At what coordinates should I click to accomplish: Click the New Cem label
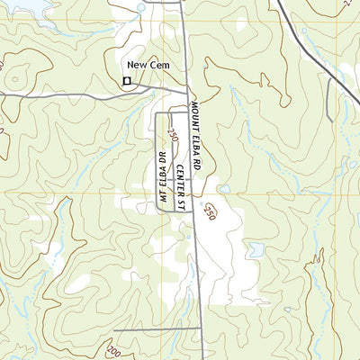pos(148,66)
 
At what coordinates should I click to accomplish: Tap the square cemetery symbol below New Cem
pos(127,82)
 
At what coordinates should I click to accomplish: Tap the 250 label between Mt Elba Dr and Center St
pos(172,134)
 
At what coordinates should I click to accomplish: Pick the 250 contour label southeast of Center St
pos(211,212)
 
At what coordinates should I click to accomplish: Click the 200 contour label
pos(113,350)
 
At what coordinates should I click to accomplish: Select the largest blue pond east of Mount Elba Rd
pos(256,249)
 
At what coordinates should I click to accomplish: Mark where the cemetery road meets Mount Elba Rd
pos(186,93)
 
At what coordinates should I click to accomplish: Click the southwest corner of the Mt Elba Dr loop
pos(158,209)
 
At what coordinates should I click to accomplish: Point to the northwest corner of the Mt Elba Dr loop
pos(158,113)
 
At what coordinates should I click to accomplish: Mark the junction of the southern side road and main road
pos(198,330)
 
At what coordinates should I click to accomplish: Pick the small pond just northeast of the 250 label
pos(224,190)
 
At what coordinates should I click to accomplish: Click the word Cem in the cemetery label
pos(159,66)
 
